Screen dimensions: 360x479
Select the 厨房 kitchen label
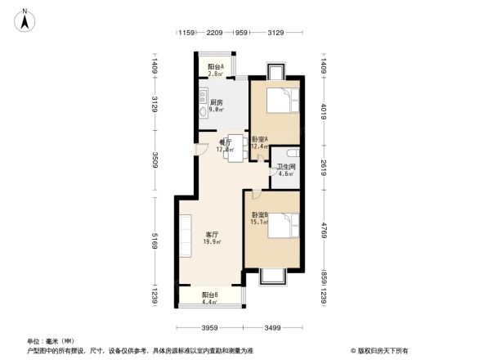coord(217,102)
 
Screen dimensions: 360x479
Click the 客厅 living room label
coord(211,234)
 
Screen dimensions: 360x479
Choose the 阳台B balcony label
coord(210,296)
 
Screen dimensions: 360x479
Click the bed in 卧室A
coord(278,102)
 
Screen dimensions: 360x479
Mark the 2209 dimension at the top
coord(215,33)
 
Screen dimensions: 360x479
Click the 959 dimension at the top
coord(241,33)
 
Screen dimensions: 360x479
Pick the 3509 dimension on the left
coord(154,160)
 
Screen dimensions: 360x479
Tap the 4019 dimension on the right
coord(324,110)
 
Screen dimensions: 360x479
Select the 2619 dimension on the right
coord(324,168)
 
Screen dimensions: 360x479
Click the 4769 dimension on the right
coord(324,229)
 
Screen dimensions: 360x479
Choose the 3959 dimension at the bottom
coord(210,328)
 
